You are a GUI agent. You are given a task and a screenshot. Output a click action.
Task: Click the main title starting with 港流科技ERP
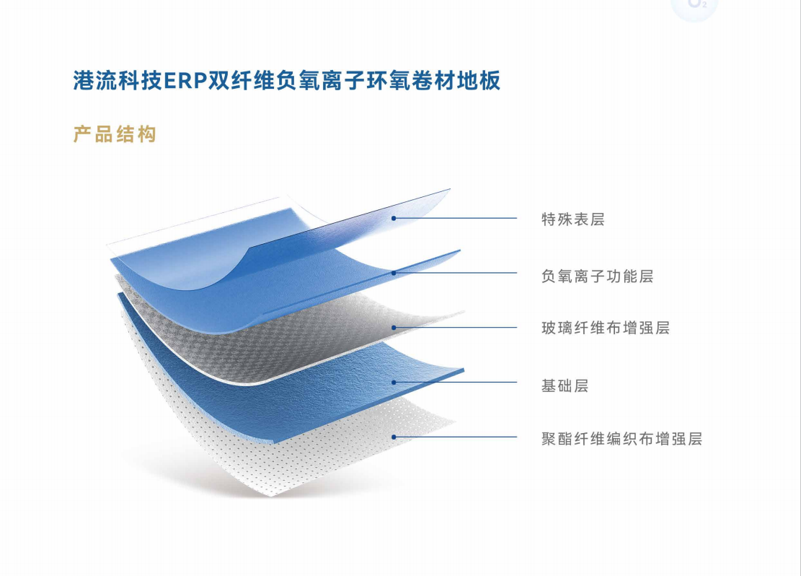(x=286, y=80)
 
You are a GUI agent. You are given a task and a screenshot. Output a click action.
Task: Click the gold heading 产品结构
(x=115, y=134)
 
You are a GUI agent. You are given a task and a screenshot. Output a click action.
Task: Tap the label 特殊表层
(x=573, y=219)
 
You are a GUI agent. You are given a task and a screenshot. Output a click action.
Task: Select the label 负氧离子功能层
(x=597, y=276)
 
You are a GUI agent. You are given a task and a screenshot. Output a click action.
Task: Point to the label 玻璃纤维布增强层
(x=606, y=328)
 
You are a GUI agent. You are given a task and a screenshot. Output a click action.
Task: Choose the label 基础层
(x=565, y=385)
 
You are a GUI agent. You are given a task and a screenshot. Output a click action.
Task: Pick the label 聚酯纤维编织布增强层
(x=621, y=439)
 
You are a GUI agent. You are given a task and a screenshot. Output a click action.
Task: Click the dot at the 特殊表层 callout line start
(x=394, y=219)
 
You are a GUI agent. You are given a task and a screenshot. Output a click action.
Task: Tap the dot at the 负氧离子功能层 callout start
(x=394, y=273)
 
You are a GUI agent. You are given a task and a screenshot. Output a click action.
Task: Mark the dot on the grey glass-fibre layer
(x=394, y=328)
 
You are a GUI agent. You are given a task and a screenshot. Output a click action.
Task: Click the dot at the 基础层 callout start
(x=394, y=382)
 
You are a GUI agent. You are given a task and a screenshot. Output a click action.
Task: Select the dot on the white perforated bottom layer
(x=394, y=437)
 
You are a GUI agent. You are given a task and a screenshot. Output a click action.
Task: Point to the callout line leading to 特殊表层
(x=455, y=219)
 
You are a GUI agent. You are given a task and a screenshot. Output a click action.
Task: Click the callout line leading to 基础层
(x=455, y=382)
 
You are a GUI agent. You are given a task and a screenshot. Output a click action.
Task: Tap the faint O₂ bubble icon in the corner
(x=694, y=6)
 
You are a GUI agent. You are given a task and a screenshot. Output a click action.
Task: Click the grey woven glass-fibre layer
(x=286, y=333)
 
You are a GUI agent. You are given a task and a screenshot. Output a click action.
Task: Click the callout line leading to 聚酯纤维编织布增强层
(x=455, y=437)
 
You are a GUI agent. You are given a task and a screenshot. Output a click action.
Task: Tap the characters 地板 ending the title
(x=479, y=80)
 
